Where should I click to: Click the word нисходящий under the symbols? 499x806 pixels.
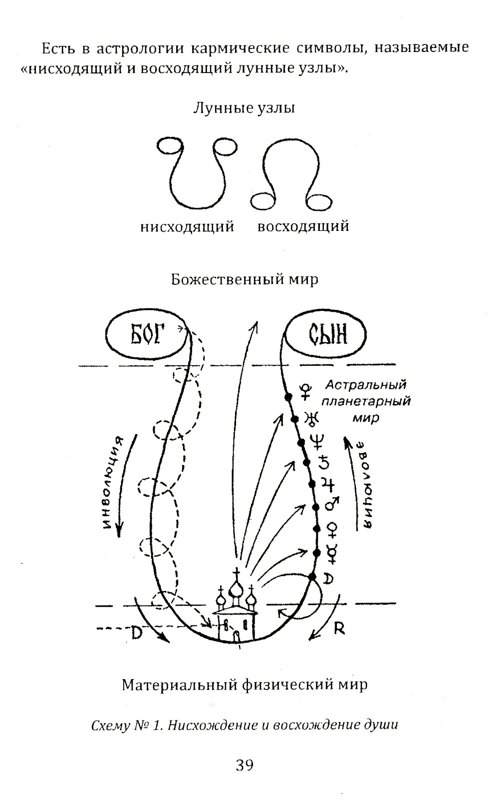(x=187, y=227)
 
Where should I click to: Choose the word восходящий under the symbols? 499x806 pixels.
(x=303, y=226)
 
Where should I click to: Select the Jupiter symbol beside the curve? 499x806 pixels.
(x=327, y=483)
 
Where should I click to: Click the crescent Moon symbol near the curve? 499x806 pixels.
(x=329, y=578)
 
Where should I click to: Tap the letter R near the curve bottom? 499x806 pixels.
(x=338, y=629)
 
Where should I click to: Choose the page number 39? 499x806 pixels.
(x=245, y=765)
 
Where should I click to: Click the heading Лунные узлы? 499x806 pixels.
(x=244, y=107)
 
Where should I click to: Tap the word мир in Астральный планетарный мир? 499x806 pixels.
(x=365, y=418)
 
